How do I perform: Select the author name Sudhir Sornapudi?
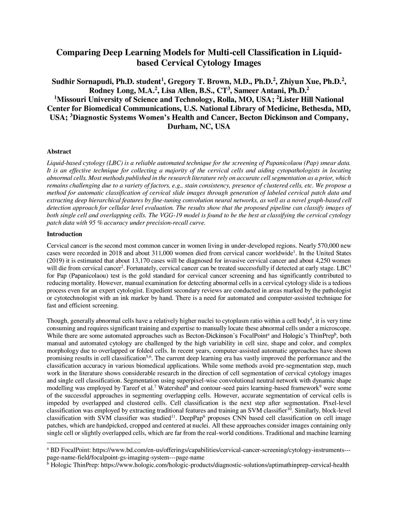click(82, 82)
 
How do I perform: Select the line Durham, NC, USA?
click(199, 127)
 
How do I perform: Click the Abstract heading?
click(59, 152)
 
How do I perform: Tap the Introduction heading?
click(65, 234)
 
